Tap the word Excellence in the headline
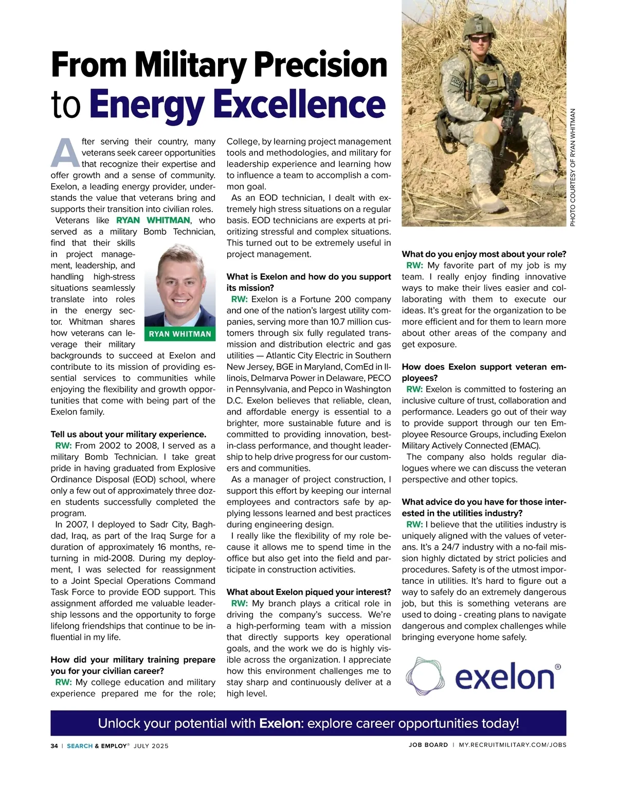click(299, 104)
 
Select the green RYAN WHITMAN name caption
click(180, 334)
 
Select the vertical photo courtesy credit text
click(573, 167)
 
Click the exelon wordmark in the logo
click(504, 677)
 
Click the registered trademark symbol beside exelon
click(558, 667)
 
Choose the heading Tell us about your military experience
click(128, 434)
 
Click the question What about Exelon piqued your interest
click(309, 592)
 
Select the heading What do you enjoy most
click(484, 254)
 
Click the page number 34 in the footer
click(54, 746)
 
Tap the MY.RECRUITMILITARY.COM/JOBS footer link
click(513, 745)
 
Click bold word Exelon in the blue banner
click(280, 723)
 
